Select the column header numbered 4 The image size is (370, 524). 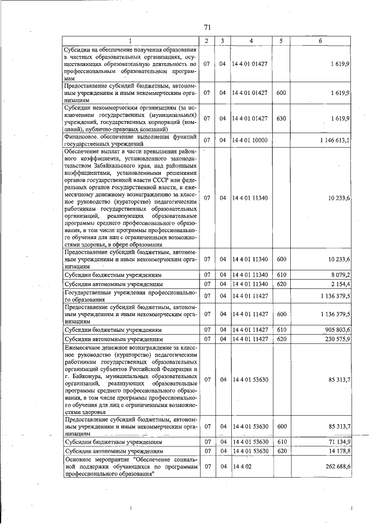point(251,41)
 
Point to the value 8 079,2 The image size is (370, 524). point(339,274)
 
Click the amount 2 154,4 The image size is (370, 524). point(339,284)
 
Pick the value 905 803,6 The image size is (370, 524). point(336,329)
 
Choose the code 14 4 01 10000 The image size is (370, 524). point(250,140)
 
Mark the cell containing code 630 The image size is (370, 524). point(281,118)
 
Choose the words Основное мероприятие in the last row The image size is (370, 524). point(96,459)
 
